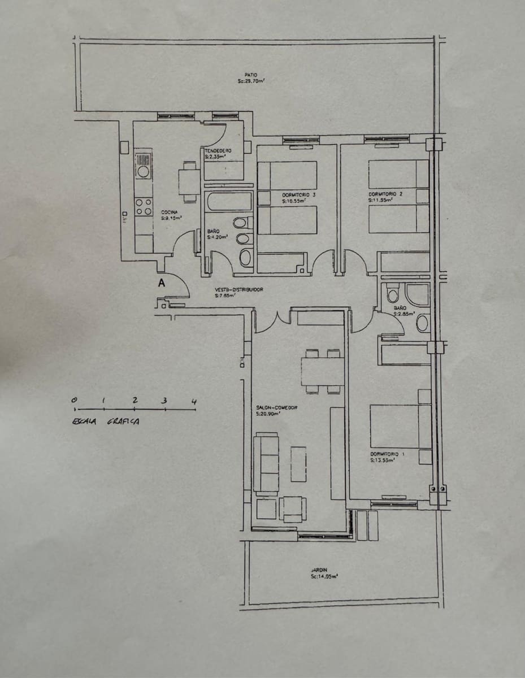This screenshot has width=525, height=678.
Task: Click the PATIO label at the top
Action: click(251, 75)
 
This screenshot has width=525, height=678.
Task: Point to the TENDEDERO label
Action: click(218, 151)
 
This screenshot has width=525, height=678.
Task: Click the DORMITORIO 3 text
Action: click(299, 195)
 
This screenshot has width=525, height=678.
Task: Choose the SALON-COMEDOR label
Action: click(277, 407)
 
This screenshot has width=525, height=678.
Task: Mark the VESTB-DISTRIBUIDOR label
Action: click(238, 289)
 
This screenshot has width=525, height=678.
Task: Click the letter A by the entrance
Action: click(161, 284)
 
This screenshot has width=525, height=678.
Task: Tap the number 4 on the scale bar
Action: click(194, 402)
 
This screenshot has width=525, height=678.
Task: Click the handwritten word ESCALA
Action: click(85, 421)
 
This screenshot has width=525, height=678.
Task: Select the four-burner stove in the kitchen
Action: click(144, 207)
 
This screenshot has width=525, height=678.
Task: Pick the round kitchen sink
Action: click(144, 171)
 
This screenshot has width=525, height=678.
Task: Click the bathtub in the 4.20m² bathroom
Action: click(228, 201)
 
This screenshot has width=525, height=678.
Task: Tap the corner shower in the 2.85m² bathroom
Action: click(418, 294)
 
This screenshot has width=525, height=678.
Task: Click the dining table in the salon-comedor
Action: click(322, 371)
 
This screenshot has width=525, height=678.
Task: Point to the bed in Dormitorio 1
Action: click(401, 426)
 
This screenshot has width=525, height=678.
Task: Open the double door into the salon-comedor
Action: click(273, 320)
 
